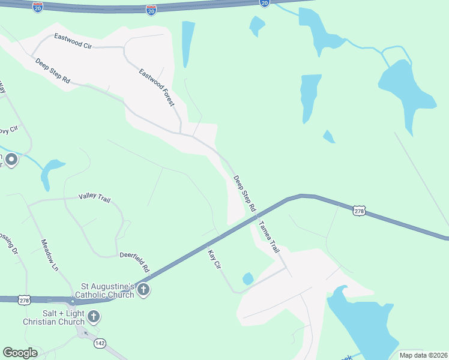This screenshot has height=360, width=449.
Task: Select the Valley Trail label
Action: click(95, 197)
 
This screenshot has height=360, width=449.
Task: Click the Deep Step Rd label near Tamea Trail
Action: click(244, 193)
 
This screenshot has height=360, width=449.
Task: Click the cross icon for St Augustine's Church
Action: click(143, 290)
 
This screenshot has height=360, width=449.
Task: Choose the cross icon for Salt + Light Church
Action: click(94, 317)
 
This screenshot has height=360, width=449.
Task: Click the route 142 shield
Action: click(100, 343)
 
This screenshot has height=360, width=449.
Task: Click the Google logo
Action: click(20, 353)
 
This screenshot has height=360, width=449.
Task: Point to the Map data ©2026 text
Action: click(423, 355)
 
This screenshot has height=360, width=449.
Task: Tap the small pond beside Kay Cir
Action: click(248, 278)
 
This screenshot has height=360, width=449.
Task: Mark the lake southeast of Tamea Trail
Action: click(360, 324)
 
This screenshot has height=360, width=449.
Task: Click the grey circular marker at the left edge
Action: click(11, 160)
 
